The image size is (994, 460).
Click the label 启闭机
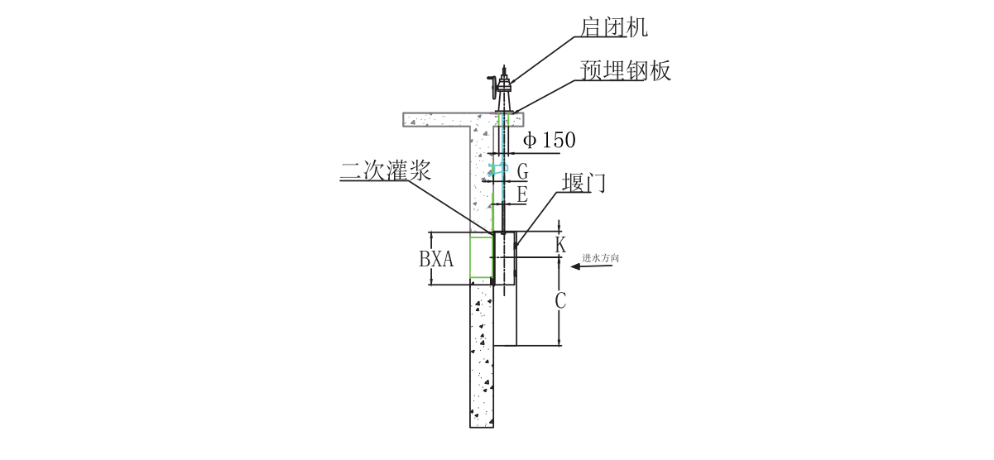point(613,27)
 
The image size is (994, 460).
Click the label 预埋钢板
point(625,71)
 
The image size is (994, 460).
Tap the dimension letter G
point(523,172)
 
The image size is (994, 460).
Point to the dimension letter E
point(522,195)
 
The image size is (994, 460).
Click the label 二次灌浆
point(386,170)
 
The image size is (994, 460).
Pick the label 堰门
point(583,183)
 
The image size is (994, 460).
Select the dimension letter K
point(560,246)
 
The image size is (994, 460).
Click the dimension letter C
point(560,301)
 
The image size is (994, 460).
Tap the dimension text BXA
point(436,259)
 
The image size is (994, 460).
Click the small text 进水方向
point(601,258)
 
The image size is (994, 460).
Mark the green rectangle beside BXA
point(481,256)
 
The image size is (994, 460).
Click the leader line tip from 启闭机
point(510,84)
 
